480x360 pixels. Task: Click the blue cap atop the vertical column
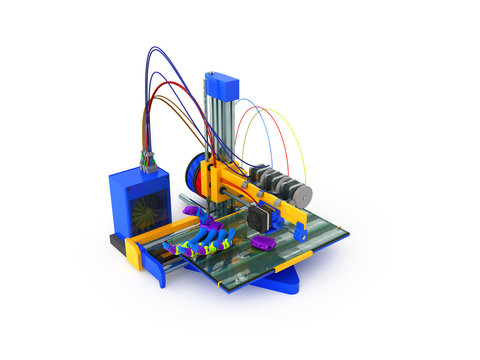[221, 87]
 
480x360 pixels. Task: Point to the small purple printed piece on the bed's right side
[263, 243]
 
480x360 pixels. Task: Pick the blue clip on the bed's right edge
[299, 232]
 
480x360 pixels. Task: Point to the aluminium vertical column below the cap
[217, 130]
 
